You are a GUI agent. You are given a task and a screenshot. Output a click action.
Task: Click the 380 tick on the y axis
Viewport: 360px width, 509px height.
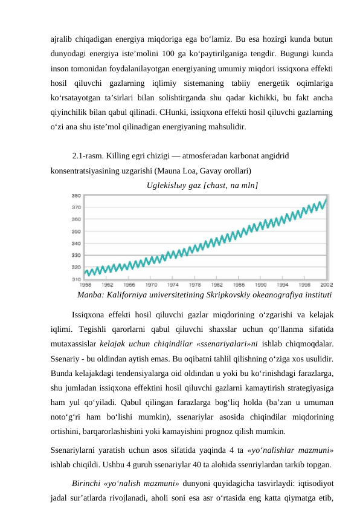pos(77,196)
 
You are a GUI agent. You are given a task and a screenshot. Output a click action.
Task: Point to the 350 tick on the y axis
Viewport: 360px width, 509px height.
pos(77,232)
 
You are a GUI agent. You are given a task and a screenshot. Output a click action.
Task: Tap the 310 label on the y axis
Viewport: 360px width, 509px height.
pos(77,279)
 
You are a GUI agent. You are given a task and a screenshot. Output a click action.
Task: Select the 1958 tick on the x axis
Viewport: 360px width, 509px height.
pos(86,284)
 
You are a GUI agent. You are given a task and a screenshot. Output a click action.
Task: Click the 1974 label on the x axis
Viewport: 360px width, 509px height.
pos(173,284)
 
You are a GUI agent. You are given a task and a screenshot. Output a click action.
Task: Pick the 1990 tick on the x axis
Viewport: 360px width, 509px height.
pos(261,284)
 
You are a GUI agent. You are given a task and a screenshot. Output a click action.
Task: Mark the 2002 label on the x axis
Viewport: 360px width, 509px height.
pos(326,284)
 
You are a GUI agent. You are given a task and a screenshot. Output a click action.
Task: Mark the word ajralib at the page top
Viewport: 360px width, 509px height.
pos(63,39)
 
